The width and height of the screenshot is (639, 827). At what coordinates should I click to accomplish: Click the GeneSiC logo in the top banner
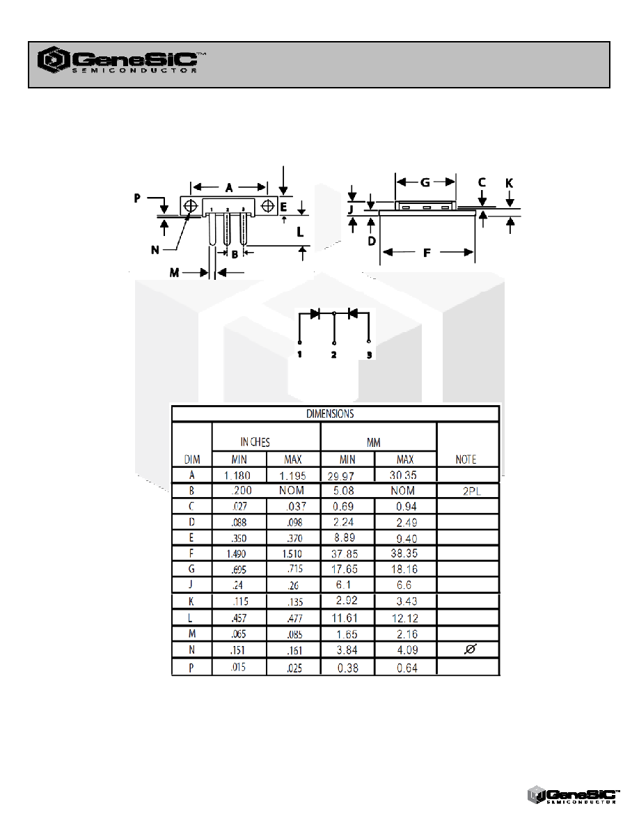pos(121,60)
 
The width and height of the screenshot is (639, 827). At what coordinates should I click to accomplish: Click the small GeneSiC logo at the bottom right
pos(574,795)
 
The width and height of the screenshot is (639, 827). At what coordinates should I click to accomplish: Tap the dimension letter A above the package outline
pos(229,188)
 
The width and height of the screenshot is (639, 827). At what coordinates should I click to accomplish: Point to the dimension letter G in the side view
pos(425,182)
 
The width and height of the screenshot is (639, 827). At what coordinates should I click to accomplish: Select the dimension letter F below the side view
pos(427,253)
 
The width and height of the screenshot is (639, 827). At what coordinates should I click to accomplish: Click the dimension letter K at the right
pos(509,183)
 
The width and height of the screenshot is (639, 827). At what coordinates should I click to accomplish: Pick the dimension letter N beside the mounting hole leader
pos(155,250)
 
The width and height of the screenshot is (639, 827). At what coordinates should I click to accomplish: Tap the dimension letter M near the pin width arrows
pos(174,273)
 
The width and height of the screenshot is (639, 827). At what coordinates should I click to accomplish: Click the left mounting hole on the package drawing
pos(191,205)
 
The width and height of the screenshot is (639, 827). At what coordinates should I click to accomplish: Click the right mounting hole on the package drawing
pos(268,205)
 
